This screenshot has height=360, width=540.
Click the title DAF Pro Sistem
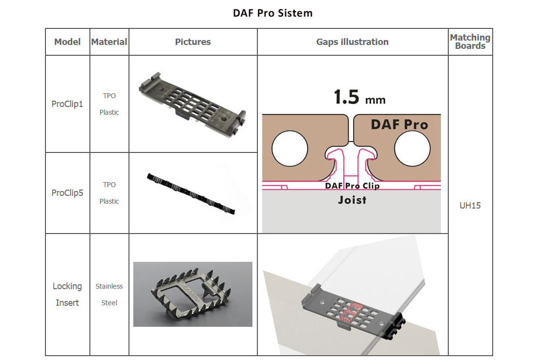[273, 13]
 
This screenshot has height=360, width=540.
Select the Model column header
[67, 42]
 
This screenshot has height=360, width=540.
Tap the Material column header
[109, 42]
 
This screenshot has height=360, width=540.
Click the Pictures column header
[193, 42]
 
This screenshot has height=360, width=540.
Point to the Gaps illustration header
[353, 42]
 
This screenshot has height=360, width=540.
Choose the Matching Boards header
[470, 42]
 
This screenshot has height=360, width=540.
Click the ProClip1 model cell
[67, 104]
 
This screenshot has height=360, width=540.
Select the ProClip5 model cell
[67, 193]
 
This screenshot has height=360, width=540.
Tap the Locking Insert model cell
[67, 295]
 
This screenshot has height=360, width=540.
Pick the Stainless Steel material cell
[109, 295]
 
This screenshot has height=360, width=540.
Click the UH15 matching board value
[470, 206]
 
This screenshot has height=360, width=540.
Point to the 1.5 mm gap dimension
[359, 97]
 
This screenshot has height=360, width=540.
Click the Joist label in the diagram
[352, 200]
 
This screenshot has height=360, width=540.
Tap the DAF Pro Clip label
[352, 186]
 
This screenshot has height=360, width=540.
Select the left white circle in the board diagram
[290, 149]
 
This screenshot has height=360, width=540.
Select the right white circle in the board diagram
[412, 149]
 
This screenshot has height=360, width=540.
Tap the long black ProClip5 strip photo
[191, 193]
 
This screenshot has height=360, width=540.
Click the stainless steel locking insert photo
[192, 294]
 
